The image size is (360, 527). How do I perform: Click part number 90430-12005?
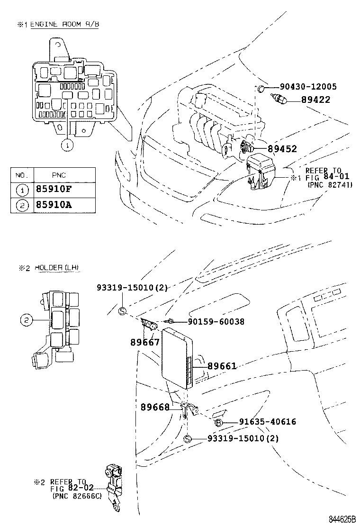[308, 87]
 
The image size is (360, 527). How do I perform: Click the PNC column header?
[59, 175]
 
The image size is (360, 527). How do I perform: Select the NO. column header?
[22, 175]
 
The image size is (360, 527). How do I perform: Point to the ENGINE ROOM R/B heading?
[64, 24]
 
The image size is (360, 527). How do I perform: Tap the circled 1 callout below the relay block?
[67, 145]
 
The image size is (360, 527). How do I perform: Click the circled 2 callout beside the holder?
[26, 321]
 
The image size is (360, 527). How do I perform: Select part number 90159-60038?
[216, 321]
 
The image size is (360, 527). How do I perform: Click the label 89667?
[145, 342]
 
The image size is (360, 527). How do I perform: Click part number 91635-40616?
[268, 422]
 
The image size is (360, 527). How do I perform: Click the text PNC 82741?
[330, 184]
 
